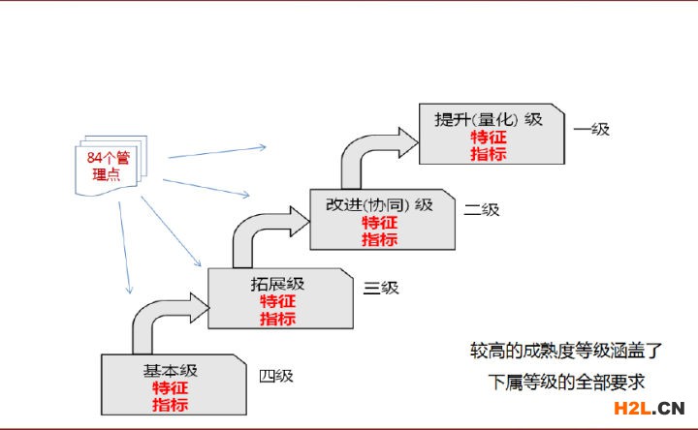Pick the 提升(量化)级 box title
point(489,120)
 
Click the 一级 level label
point(591,128)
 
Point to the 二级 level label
point(482,209)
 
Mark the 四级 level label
point(275,376)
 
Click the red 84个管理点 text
point(108,165)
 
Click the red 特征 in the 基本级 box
point(170,388)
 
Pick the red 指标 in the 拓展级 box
point(278,319)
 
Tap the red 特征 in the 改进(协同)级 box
point(380,222)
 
